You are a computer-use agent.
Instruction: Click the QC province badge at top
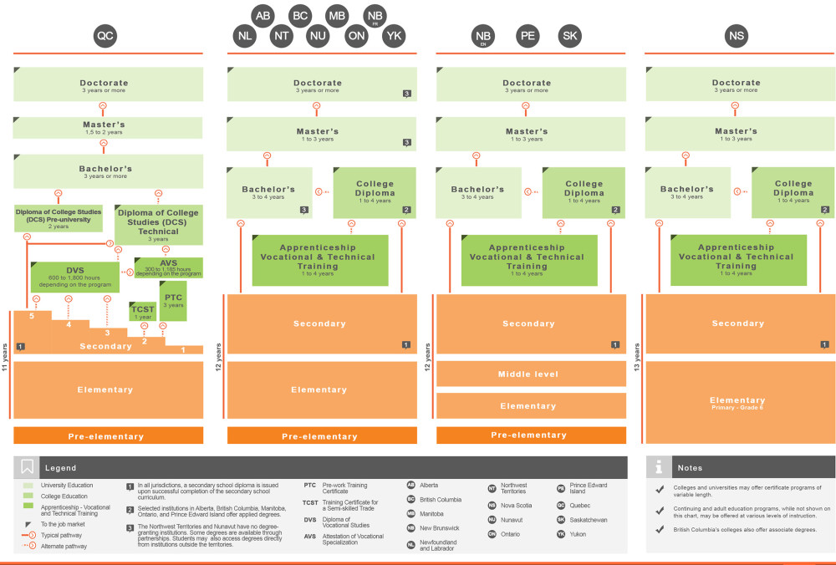[105, 36]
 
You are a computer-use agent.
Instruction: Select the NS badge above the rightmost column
[736, 36]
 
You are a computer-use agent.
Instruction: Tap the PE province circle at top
[528, 36]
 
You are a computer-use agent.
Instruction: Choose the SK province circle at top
[570, 36]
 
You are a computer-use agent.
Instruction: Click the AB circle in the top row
[263, 15]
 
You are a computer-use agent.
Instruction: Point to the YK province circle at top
[395, 36]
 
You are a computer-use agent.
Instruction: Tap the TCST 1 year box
[143, 312]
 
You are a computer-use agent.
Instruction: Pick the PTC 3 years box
[173, 301]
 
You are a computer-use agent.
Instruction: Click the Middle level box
[528, 374]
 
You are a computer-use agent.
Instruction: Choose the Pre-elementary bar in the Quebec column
[108, 435]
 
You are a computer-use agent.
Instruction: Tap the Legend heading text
[60, 468]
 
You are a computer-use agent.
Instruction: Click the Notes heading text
[690, 468]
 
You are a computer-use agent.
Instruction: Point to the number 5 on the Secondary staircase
[31, 317]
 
